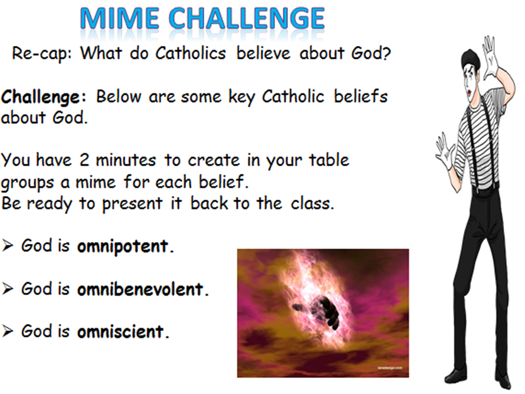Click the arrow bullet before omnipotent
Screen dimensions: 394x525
8,247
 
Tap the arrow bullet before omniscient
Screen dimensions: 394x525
8,332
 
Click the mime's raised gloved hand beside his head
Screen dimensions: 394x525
490,56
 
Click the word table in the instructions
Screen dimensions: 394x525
324,160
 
